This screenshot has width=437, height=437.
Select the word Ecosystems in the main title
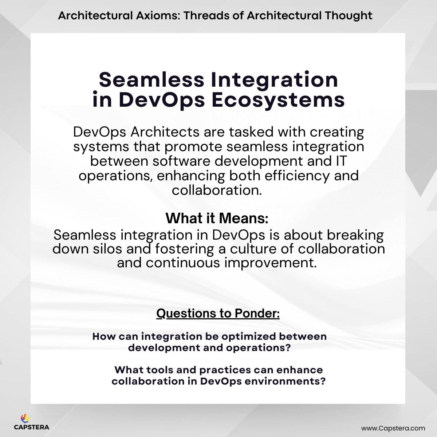pyautogui.click(x=278, y=100)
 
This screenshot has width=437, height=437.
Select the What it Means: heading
pyautogui.click(x=217, y=219)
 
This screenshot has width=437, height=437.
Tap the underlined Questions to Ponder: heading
pyautogui.click(x=218, y=313)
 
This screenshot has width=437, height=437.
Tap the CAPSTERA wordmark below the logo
pyautogui.click(x=31, y=427)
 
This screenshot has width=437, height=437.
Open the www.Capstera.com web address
pyautogui.click(x=393, y=428)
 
